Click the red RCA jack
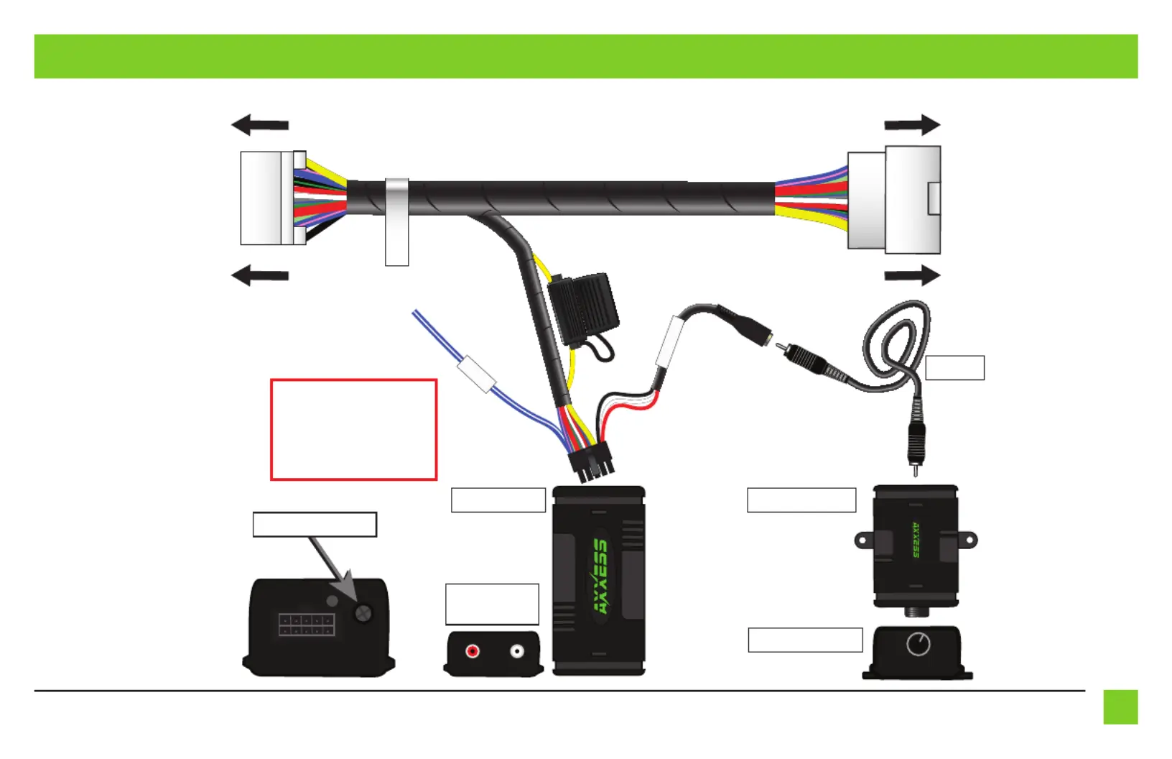[473, 651]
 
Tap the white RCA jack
[517, 651]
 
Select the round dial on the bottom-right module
[918, 644]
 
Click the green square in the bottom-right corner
[1121, 707]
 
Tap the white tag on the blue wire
[476, 374]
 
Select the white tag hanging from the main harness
[397, 222]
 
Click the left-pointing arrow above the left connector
[260, 124]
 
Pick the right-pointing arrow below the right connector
[913, 275]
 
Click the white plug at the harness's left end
[273, 198]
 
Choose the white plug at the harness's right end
[894, 200]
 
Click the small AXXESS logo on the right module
[916, 540]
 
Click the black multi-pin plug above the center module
[590, 463]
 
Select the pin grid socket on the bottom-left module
[307, 625]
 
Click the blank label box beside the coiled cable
[955, 368]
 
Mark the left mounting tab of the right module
[865, 540]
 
